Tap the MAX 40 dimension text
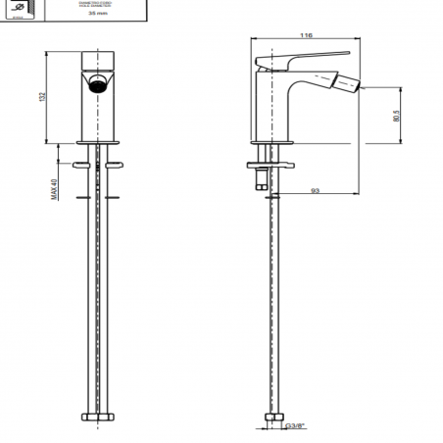point(54,183)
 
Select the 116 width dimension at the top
point(308,35)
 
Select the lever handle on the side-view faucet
point(304,60)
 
